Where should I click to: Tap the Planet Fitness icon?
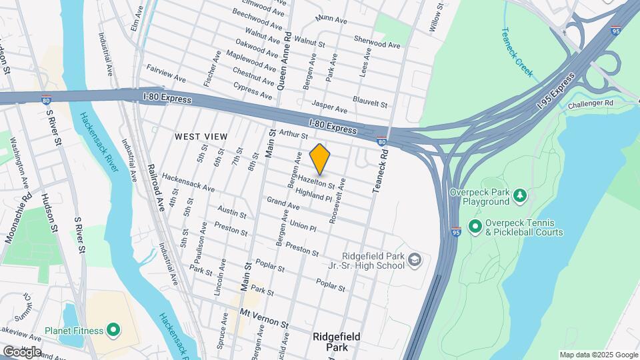point(113,330)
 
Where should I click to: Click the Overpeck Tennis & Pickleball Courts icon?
point(475,227)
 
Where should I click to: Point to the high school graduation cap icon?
point(415,259)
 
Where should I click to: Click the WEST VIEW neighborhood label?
point(201,137)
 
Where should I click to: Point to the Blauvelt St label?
point(371,104)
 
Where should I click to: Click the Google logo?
point(22,351)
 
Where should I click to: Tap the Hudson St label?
point(51,213)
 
